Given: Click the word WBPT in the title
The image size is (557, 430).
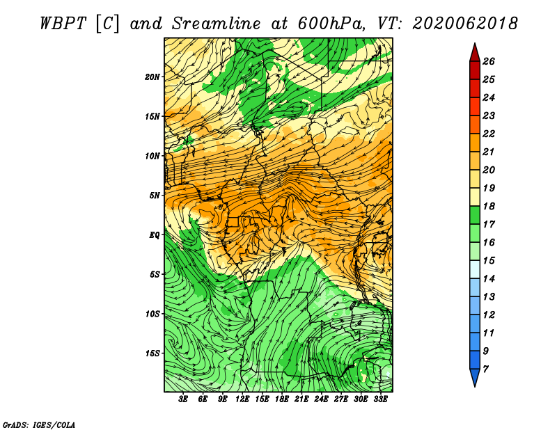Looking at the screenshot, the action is click(63, 24).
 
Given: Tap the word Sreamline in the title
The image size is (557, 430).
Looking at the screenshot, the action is click(216, 24).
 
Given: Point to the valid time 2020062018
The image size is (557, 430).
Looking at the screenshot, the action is click(464, 24).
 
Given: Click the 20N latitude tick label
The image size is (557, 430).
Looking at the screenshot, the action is click(152, 77).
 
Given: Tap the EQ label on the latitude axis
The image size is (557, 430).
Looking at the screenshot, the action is click(155, 234).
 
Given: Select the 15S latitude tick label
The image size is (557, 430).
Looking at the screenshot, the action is click(152, 353).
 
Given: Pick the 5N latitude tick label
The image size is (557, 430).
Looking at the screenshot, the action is click(155, 196).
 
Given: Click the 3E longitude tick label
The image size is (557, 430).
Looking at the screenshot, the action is click(183, 399).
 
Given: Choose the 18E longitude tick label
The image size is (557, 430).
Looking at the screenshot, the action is click(282, 399).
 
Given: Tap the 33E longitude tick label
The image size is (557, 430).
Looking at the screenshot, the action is click(380, 399).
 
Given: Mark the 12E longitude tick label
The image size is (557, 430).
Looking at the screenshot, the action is click(242, 399).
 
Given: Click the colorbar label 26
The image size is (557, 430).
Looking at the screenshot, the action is click(489, 61).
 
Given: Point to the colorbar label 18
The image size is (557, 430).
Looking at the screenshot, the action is click(489, 206).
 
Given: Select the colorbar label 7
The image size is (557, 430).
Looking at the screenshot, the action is click(485, 369).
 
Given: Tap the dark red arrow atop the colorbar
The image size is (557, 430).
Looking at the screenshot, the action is click(475, 53).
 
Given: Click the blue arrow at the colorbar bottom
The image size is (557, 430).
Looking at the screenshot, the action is click(475, 377).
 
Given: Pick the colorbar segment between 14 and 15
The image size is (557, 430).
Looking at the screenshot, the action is click(475, 269).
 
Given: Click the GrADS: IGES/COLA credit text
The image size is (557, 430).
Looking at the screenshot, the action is click(39, 424).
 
